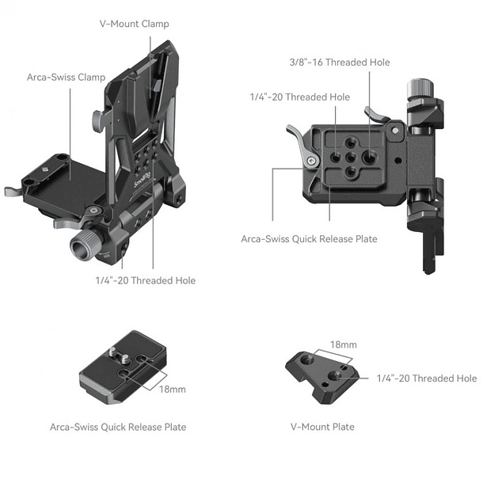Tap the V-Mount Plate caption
point(322,427)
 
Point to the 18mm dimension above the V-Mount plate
point(343,345)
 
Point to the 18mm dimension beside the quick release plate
point(173,390)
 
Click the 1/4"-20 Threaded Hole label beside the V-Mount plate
point(427,378)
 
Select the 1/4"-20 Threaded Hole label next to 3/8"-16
point(299,97)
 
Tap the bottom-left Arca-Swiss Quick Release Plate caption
point(118,427)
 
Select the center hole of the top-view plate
point(349,156)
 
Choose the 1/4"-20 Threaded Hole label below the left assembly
point(145,280)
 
